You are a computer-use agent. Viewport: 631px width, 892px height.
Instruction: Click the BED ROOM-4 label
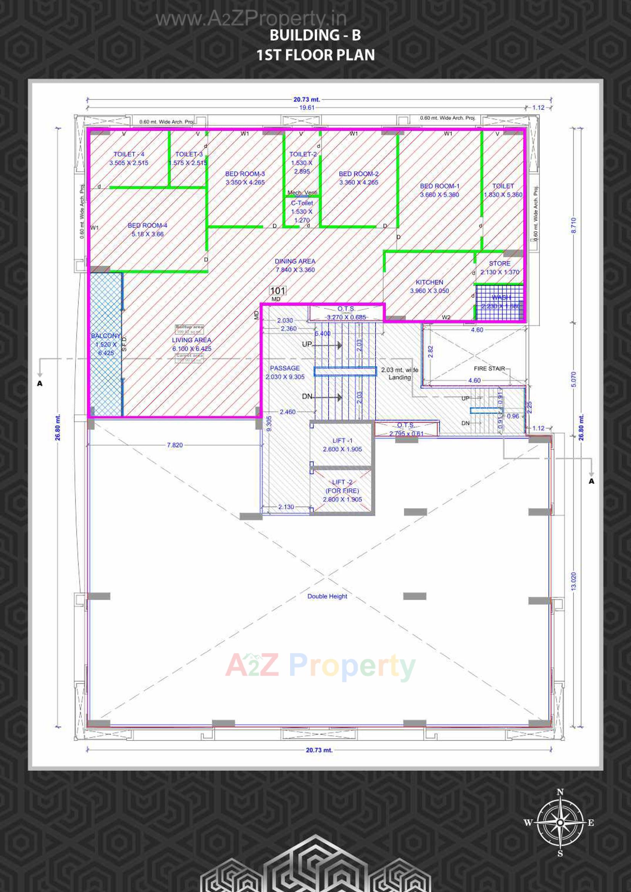tap(147, 225)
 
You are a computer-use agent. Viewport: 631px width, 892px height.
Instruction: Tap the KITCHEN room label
tap(429, 282)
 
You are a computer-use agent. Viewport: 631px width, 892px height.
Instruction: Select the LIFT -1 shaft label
tap(342, 440)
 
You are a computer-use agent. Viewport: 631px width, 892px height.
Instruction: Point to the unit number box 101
tap(278, 291)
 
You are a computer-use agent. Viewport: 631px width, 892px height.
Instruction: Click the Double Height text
tap(327, 596)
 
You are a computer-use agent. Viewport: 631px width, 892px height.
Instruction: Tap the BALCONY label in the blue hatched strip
tap(105, 336)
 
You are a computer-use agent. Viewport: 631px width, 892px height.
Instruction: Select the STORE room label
tap(500, 263)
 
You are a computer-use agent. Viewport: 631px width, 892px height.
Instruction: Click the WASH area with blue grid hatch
tap(500, 302)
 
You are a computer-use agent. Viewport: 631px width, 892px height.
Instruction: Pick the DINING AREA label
tap(295, 261)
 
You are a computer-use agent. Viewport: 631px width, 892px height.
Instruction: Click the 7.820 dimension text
tap(174, 445)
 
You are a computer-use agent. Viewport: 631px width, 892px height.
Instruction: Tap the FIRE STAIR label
tap(489, 368)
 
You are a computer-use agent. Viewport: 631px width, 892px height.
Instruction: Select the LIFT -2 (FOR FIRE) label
tap(342, 490)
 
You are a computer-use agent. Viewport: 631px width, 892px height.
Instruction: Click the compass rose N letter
tap(560, 792)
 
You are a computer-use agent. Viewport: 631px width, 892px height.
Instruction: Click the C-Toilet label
tap(302, 203)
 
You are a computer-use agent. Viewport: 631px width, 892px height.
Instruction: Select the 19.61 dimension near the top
tap(307, 108)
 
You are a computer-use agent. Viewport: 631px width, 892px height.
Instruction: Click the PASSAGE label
tap(285, 368)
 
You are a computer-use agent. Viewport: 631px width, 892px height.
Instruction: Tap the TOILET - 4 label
tap(129, 154)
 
